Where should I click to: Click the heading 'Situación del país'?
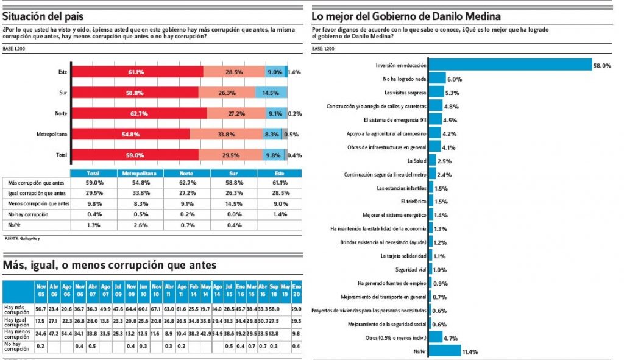(x=43, y=16)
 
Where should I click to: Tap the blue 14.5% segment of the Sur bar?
(x=271, y=93)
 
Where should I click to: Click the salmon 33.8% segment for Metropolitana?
(x=226, y=134)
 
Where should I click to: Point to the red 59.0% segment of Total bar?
(x=135, y=155)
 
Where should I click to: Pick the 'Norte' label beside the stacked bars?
(x=60, y=113)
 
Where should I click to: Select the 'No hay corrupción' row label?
(x=29, y=214)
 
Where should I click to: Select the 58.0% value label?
(x=603, y=65)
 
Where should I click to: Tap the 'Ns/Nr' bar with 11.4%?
(x=445, y=350)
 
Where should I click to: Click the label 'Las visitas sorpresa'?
(x=405, y=93)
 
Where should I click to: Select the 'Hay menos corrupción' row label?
(x=18, y=333)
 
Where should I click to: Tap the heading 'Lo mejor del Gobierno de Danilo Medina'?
(x=406, y=16)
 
